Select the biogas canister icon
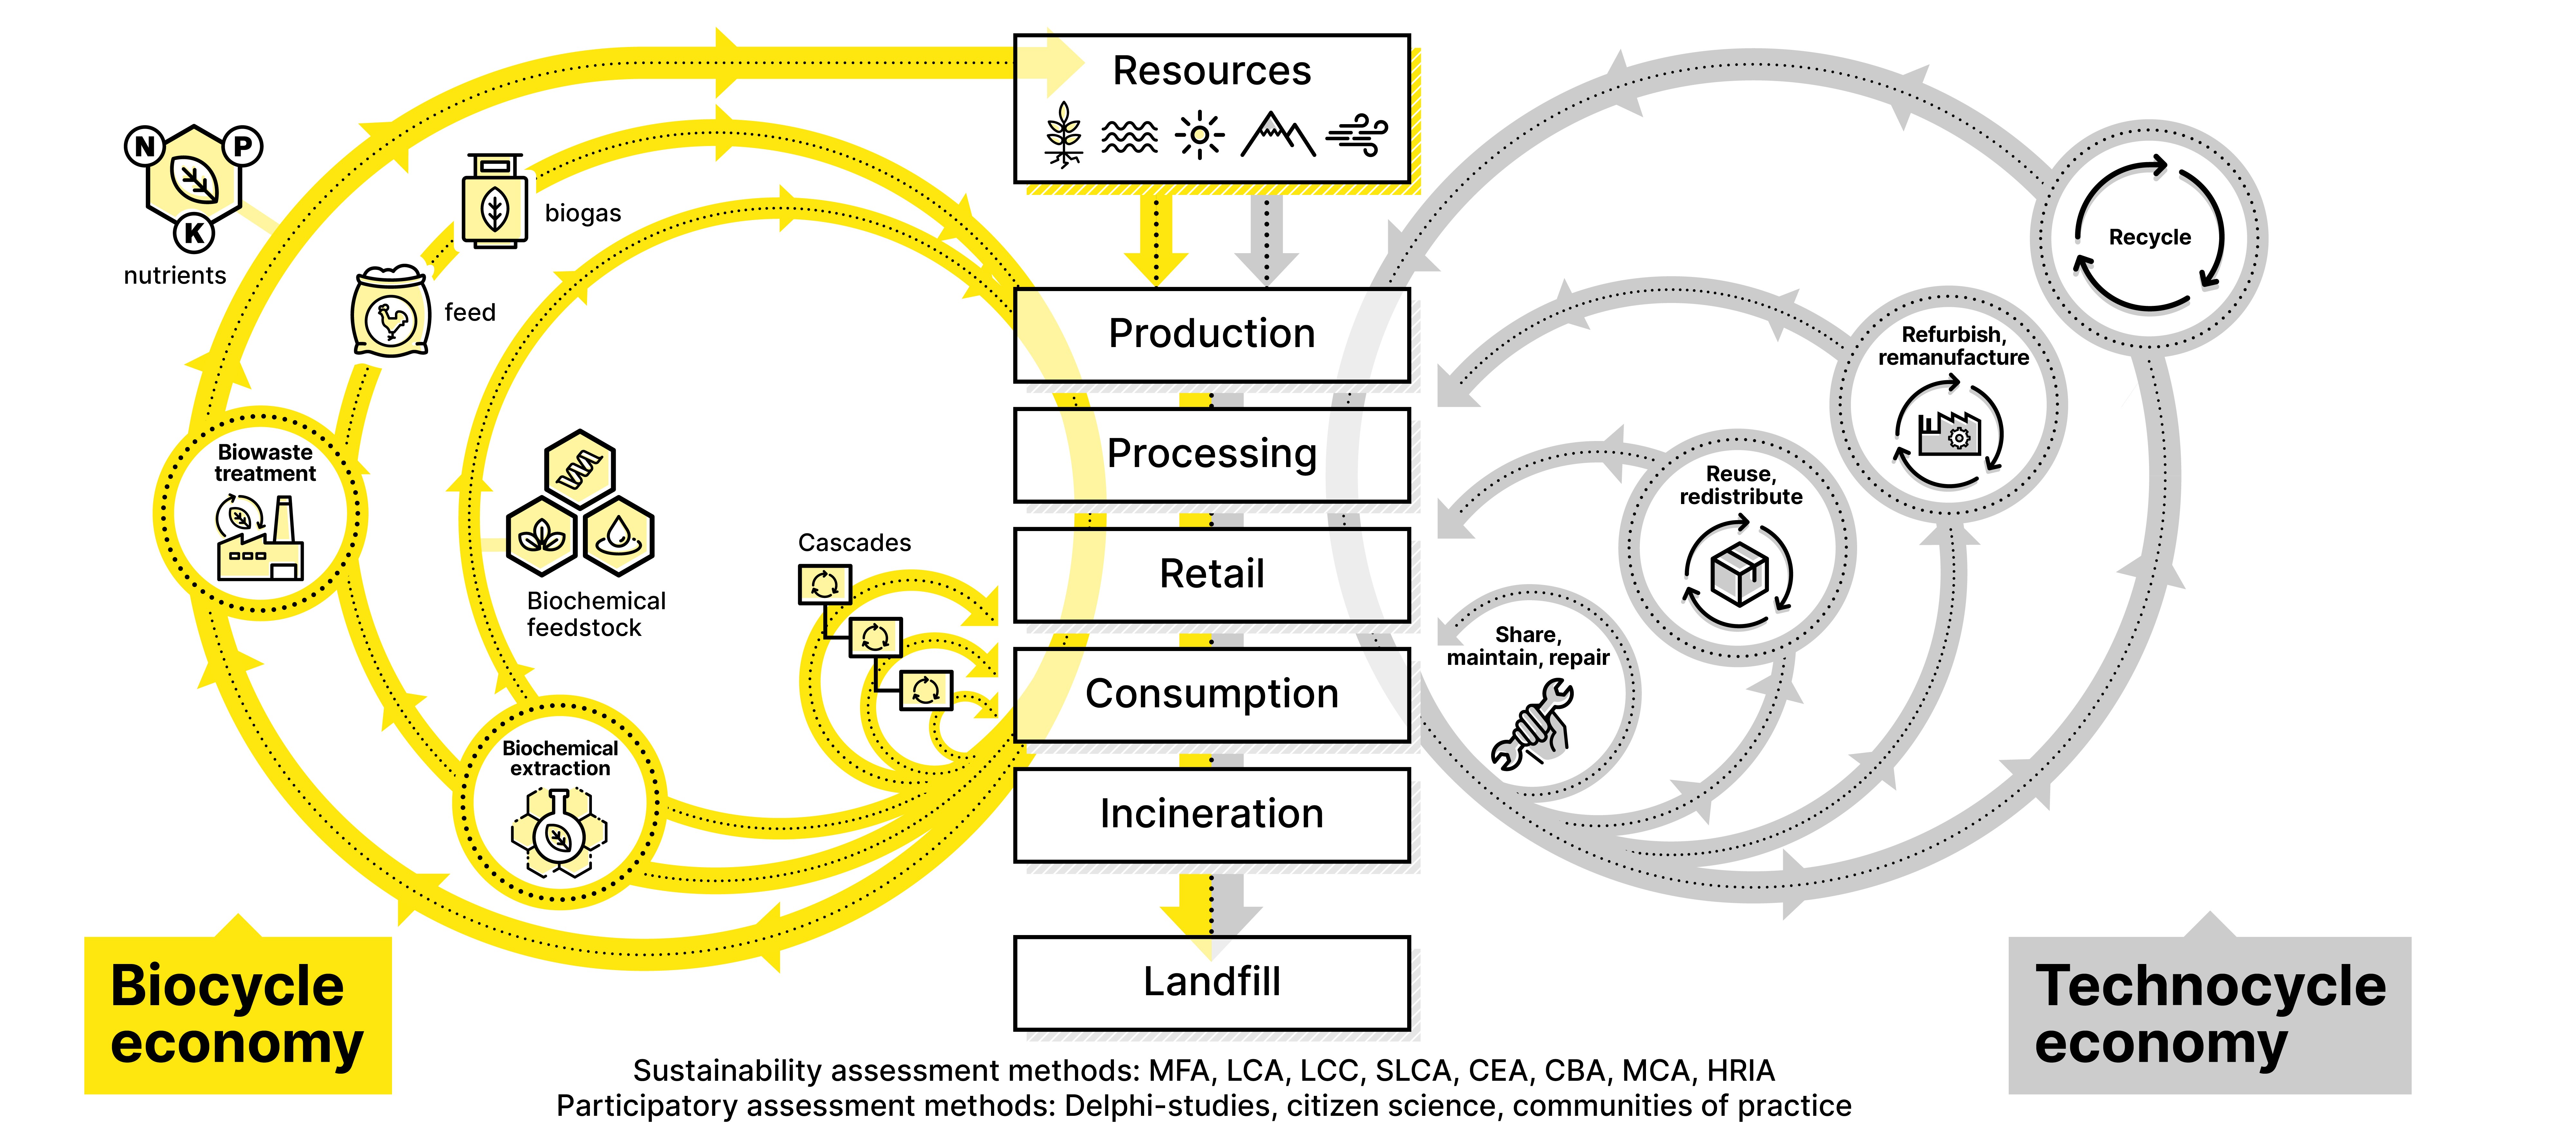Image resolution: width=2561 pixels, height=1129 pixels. coord(494,202)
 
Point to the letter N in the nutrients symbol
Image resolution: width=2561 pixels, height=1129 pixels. coord(145,146)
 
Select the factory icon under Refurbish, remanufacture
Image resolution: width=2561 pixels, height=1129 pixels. coord(1949,434)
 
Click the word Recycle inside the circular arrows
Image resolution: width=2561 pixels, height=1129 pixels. coord(2149,237)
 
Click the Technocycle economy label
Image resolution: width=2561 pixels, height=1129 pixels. coord(2209,1014)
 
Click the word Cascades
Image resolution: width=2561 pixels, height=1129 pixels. coord(854,543)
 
